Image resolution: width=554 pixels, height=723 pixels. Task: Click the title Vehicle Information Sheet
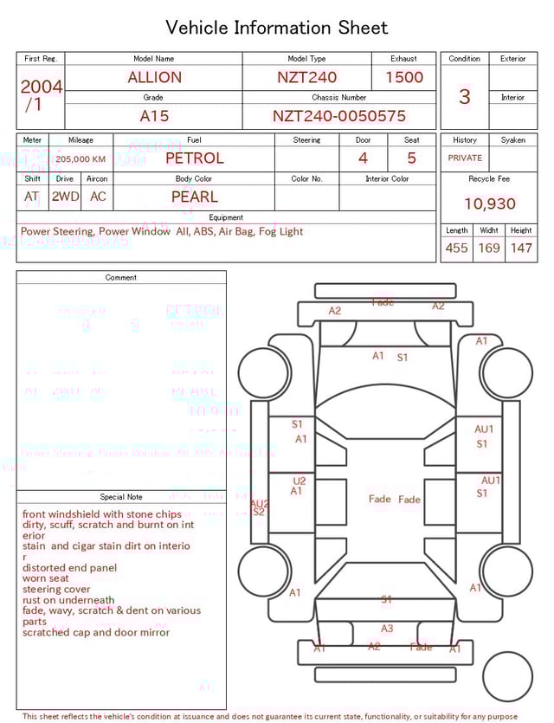pos(277,28)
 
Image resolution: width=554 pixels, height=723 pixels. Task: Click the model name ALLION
pos(154,77)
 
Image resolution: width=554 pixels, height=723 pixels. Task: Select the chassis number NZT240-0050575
pos(338,116)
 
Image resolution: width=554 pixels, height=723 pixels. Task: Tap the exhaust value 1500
pos(403,77)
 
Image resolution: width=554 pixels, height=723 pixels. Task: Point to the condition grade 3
pos(464,96)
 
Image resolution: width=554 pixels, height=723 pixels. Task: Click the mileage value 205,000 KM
pos(81,159)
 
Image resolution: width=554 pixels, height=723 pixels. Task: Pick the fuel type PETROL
pos(194,158)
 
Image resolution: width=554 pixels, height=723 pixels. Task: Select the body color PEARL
pos(194,197)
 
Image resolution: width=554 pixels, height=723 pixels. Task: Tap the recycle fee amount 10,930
pos(489,204)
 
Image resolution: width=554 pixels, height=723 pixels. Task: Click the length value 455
pos(456,249)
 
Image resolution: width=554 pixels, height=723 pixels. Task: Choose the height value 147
pos(521,249)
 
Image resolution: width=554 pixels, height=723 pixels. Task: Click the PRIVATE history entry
pos(465,158)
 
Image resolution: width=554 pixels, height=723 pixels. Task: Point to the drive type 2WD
pos(65,197)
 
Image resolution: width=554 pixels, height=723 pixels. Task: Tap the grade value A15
pos(154,116)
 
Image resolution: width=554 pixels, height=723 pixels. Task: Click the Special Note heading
pos(121,497)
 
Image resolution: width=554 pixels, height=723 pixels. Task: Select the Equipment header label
pos(226,217)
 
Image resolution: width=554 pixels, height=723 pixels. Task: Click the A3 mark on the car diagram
pos(387,629)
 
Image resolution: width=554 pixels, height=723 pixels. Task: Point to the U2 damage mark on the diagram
pos(300,481)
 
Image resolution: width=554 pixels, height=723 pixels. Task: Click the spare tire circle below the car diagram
pos(508,677)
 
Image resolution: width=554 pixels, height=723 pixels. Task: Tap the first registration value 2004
pos(41,87)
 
